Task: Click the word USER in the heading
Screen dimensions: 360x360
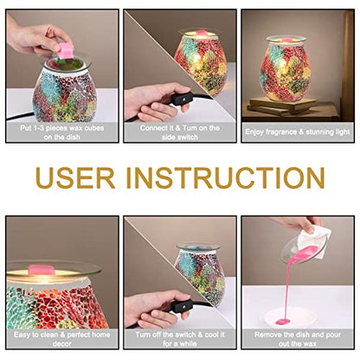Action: [x=75, y=178]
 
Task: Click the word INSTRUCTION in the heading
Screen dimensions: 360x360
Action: [x=225, y=178]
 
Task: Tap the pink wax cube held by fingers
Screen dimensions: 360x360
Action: [x=64, y=50]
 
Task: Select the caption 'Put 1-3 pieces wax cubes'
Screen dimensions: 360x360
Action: [x=62, y=128]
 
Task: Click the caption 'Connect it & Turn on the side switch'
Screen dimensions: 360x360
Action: [x=180, y=132]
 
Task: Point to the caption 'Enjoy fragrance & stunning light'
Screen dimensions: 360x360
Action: [x=298, y=132]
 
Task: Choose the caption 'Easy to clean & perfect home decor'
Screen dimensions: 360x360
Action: [x=62, y=339]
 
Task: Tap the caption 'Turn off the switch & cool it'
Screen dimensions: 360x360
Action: [x=180, y=335]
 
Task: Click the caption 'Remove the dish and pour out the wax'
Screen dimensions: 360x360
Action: [x=298, y=339]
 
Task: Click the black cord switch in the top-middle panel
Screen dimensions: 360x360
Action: [x=179, y=100]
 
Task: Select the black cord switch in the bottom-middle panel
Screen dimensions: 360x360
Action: [x=179, y=305]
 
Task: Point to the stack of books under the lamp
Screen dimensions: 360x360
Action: [x=283, y=106]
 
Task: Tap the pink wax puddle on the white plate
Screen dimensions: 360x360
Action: [x=283, y=321]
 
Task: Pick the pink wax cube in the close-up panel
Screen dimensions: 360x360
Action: [x=42, y=270]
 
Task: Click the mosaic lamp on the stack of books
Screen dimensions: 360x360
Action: [x=286, y=69]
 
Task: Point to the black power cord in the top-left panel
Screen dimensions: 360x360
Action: [x=20, y=117]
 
